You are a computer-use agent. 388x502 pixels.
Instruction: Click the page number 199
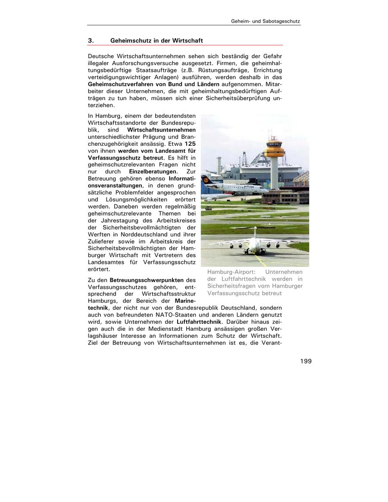pos(306,361)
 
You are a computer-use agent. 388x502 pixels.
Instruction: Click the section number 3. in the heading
pos(91,41)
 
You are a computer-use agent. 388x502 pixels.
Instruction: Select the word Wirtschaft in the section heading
pos(188,41)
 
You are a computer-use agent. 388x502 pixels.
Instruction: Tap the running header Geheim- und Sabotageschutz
pos(266,21)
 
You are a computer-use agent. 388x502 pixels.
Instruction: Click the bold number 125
pos(190,143)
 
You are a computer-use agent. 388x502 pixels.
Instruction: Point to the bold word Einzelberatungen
pos(150,171)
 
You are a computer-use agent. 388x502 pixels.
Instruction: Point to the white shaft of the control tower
pos(274,173)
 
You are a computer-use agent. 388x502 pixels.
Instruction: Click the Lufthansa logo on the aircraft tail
pos(206,179)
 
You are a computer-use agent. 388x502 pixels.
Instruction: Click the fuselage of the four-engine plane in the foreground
pos(252,244)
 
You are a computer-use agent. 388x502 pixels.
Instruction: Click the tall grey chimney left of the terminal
pos(219,166)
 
